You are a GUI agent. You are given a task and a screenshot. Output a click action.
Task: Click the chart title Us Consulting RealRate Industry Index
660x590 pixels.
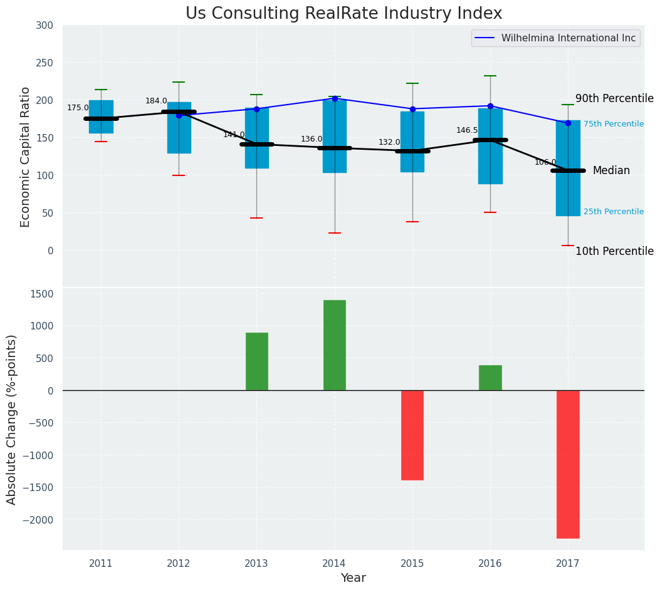click(x=343, y=14)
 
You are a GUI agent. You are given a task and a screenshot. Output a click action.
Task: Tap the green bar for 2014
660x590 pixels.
click(x=335, y=345)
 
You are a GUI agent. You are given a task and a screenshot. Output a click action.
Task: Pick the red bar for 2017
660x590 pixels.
click(x=568, y=464)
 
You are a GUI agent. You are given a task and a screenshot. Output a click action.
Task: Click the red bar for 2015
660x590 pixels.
click(x=412, y=435)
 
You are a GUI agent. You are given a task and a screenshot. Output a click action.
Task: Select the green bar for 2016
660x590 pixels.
click(x=490, y=378)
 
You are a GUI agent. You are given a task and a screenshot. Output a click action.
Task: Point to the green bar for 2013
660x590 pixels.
click(x=256, y=361)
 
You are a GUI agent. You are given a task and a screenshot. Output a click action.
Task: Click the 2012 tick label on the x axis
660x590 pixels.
click(x=179, y=564)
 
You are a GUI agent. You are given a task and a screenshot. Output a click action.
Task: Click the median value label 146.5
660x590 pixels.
click(x=467, y=130)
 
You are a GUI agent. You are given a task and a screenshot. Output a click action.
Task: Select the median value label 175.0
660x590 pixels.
click(x=78, y=108)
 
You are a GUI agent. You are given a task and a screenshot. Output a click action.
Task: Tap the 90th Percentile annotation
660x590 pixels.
click(x=614, y=99)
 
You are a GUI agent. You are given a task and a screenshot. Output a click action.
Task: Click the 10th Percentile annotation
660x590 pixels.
click(x=614, y=251)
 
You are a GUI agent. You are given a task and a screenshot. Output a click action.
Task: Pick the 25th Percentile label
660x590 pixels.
click(x=613, y=212)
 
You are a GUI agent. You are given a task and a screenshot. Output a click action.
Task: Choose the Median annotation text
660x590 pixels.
click(x=611, y=170)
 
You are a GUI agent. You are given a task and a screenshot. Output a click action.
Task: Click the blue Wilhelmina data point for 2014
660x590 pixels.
click(x=335, y=98)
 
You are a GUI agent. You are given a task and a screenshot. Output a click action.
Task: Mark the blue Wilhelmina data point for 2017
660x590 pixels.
click(x=568, y=123)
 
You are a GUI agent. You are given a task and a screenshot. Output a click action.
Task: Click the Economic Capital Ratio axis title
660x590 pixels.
click(x=25, y=157)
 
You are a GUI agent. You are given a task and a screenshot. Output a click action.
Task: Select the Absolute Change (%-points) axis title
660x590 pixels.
click(x=12, y=419)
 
